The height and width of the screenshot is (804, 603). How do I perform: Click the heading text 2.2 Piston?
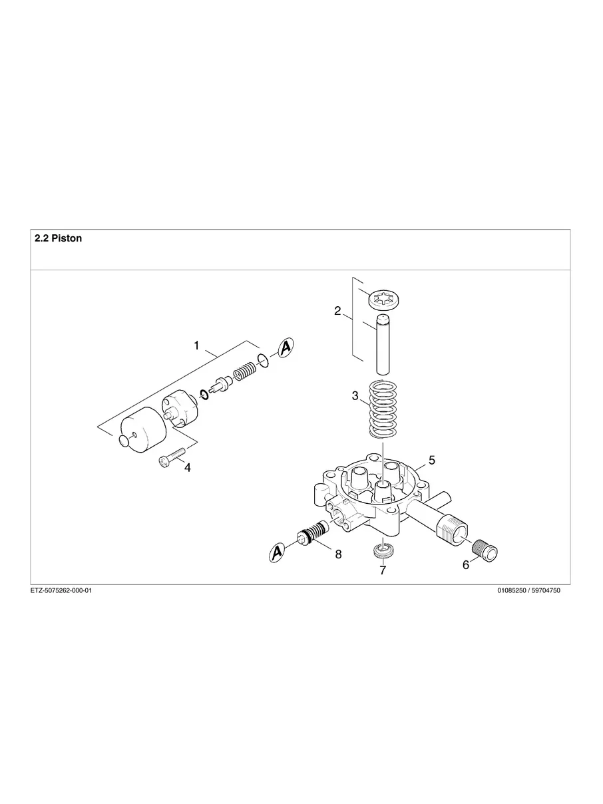(59, 238)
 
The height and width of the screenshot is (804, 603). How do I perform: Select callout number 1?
(196, 345)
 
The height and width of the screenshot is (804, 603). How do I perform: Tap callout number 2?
(337, 311)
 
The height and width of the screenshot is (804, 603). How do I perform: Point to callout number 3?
(355, 396)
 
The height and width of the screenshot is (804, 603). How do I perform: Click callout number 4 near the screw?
(187, 468)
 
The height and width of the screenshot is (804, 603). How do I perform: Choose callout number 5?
(432, 460)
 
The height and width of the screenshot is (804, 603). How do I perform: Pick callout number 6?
(465, 564)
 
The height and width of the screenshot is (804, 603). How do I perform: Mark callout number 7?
(383, 570)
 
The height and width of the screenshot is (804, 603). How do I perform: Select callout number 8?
(338, 554)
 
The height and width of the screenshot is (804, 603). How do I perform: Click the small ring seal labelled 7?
(383, 550)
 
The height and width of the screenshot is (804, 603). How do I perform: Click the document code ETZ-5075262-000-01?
(61, 590)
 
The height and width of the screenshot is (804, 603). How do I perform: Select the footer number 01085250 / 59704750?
(528, 590)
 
